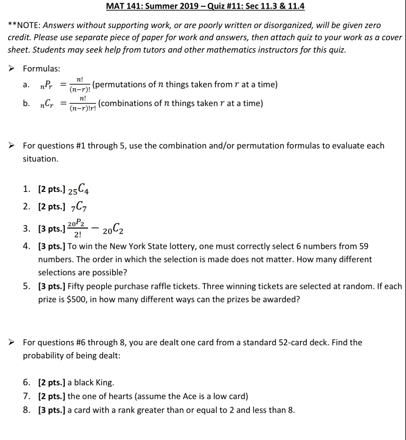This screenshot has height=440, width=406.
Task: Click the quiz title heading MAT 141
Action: click(x=205, y=6)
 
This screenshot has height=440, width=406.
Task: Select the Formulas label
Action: click(x=41, y=69)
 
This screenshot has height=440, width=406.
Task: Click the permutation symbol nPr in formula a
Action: click(x=46, y=85)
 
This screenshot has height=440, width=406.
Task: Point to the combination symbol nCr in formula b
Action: click(x=46, y=104)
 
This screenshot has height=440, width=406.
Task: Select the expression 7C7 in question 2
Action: click(x=79, y=207)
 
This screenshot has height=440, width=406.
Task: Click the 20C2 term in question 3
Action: click(x=113, y=229)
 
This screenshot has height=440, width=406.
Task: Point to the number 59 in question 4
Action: click(x=364, y=246)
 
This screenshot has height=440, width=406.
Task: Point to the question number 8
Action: click(x=26, y=410)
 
